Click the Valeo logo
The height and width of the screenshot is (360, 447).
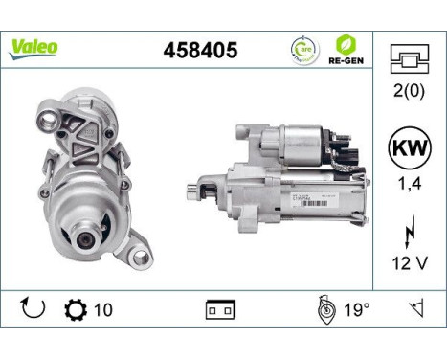click(34, 45)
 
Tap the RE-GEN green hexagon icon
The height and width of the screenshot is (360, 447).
click(346, 45)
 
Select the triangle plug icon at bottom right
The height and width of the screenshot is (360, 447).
click(414, 310)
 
